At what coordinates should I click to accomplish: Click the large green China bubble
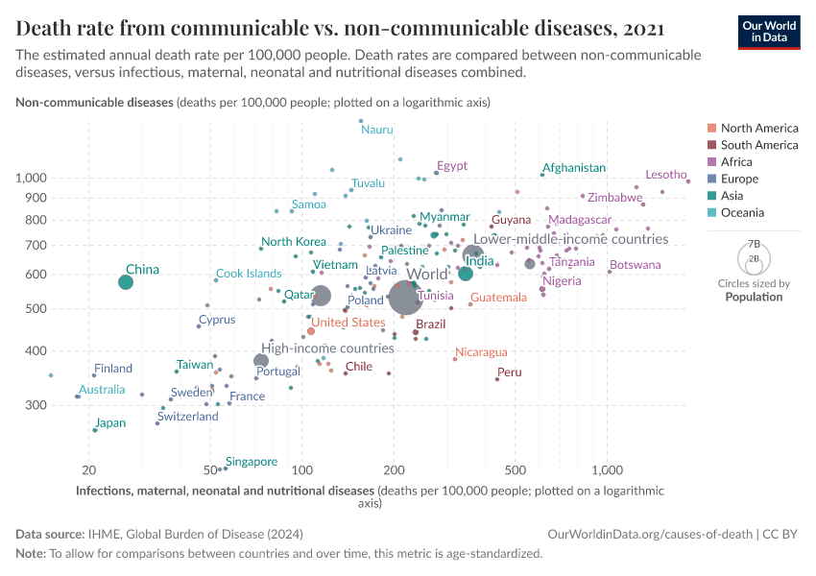(126, 281)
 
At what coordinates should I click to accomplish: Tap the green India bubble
(466, 274)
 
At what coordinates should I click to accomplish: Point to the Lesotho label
(665, 175)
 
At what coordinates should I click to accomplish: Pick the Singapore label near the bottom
(252, 462)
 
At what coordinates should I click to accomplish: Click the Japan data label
(110, 422)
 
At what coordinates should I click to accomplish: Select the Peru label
(509, 372)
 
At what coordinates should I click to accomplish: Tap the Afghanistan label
(574, 168)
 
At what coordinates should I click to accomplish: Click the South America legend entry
(758, 145)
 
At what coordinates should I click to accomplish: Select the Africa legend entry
(738, 162)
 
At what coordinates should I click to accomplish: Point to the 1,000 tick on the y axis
(32, 179)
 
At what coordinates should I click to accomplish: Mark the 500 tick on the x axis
(516, 470)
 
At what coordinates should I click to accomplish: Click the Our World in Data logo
(768, 31)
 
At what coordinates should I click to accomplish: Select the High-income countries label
(328, 348)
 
